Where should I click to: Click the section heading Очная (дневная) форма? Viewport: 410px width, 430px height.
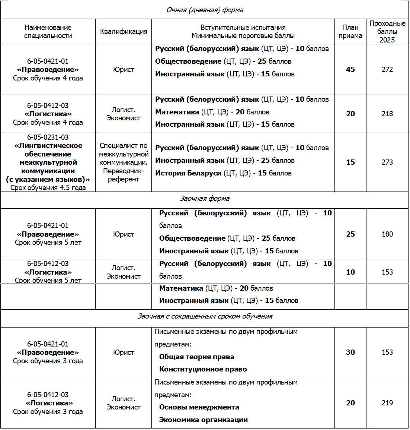(x=205, y=10)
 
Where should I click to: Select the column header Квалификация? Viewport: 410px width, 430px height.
(x=124, y=32)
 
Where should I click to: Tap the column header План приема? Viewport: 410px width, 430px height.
(x=350, y=32)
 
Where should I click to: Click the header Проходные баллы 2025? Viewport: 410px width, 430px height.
(x=387, y=32)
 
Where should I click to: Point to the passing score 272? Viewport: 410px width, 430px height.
(x=387, y=70)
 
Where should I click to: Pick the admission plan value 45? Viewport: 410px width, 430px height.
(x=350, y=70)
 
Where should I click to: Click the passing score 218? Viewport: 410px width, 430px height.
(x=387, y=114)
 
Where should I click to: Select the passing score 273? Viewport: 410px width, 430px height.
(x=387, y=162)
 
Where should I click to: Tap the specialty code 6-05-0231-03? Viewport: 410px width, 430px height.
(x=48, y=137)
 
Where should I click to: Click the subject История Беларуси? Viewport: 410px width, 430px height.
(x=188, y=173)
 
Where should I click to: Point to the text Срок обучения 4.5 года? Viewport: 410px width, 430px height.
(x=48, y=188)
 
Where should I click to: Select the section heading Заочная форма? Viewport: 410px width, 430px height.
(x=205, y=199)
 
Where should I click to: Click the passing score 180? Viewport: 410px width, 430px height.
(x=387, y=234)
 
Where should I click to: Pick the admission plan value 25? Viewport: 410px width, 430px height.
(x=350, y=234)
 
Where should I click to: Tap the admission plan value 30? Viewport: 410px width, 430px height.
(x=350, y=352)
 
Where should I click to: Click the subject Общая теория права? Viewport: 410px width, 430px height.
(x=197, y=357)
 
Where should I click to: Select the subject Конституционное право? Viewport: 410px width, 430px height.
(x=203, y=369)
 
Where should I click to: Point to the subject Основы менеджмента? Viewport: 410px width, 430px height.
(x=199, y=407)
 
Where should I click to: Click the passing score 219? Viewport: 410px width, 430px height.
(x=387, y=403)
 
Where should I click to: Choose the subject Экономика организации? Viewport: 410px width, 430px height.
(x=204, y=420)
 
